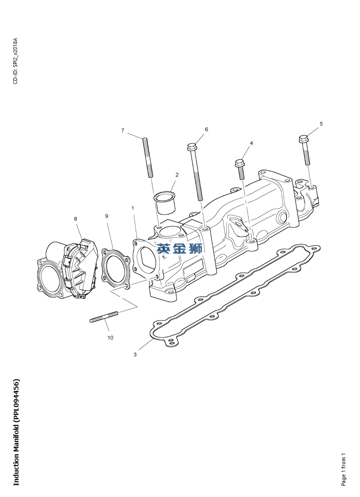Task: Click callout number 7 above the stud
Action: (x=123, y=130)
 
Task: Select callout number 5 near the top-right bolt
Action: (x=321, y=124)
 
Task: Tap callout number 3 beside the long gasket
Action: (x=135, y=354)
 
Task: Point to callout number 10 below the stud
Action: (x=111, y=338)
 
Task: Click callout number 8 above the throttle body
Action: (x=75, y=219)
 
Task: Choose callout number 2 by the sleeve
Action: (x=177, y=175)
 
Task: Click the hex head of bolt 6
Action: (x=192, y=147)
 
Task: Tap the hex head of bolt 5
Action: (x=304, y=138)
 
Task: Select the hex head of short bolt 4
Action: (x=240, y=164)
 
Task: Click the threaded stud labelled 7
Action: (x=148, y=157)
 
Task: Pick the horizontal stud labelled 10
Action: (x=104, y=317)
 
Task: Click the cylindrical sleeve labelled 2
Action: (x=165, y=202)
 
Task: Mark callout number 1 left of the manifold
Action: (x=133, y=208)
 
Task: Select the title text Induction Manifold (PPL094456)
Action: (x=16, y=432)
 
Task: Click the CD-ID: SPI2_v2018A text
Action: (x=16, y=61)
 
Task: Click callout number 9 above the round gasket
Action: (x=107, y=216)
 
